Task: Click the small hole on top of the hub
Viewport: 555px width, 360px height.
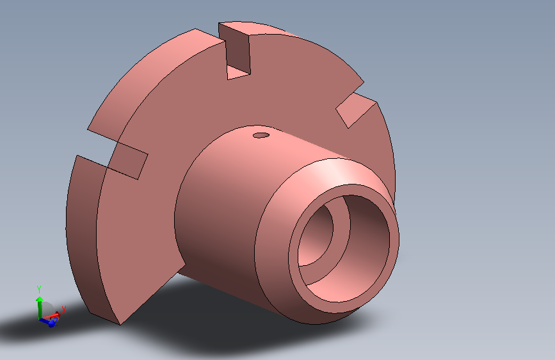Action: point(261,135)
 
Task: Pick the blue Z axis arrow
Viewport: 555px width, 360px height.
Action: point(51,323)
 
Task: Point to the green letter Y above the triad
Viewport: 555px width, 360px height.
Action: point(39,289)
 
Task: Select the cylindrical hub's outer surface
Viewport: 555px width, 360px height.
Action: point(218,205)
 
